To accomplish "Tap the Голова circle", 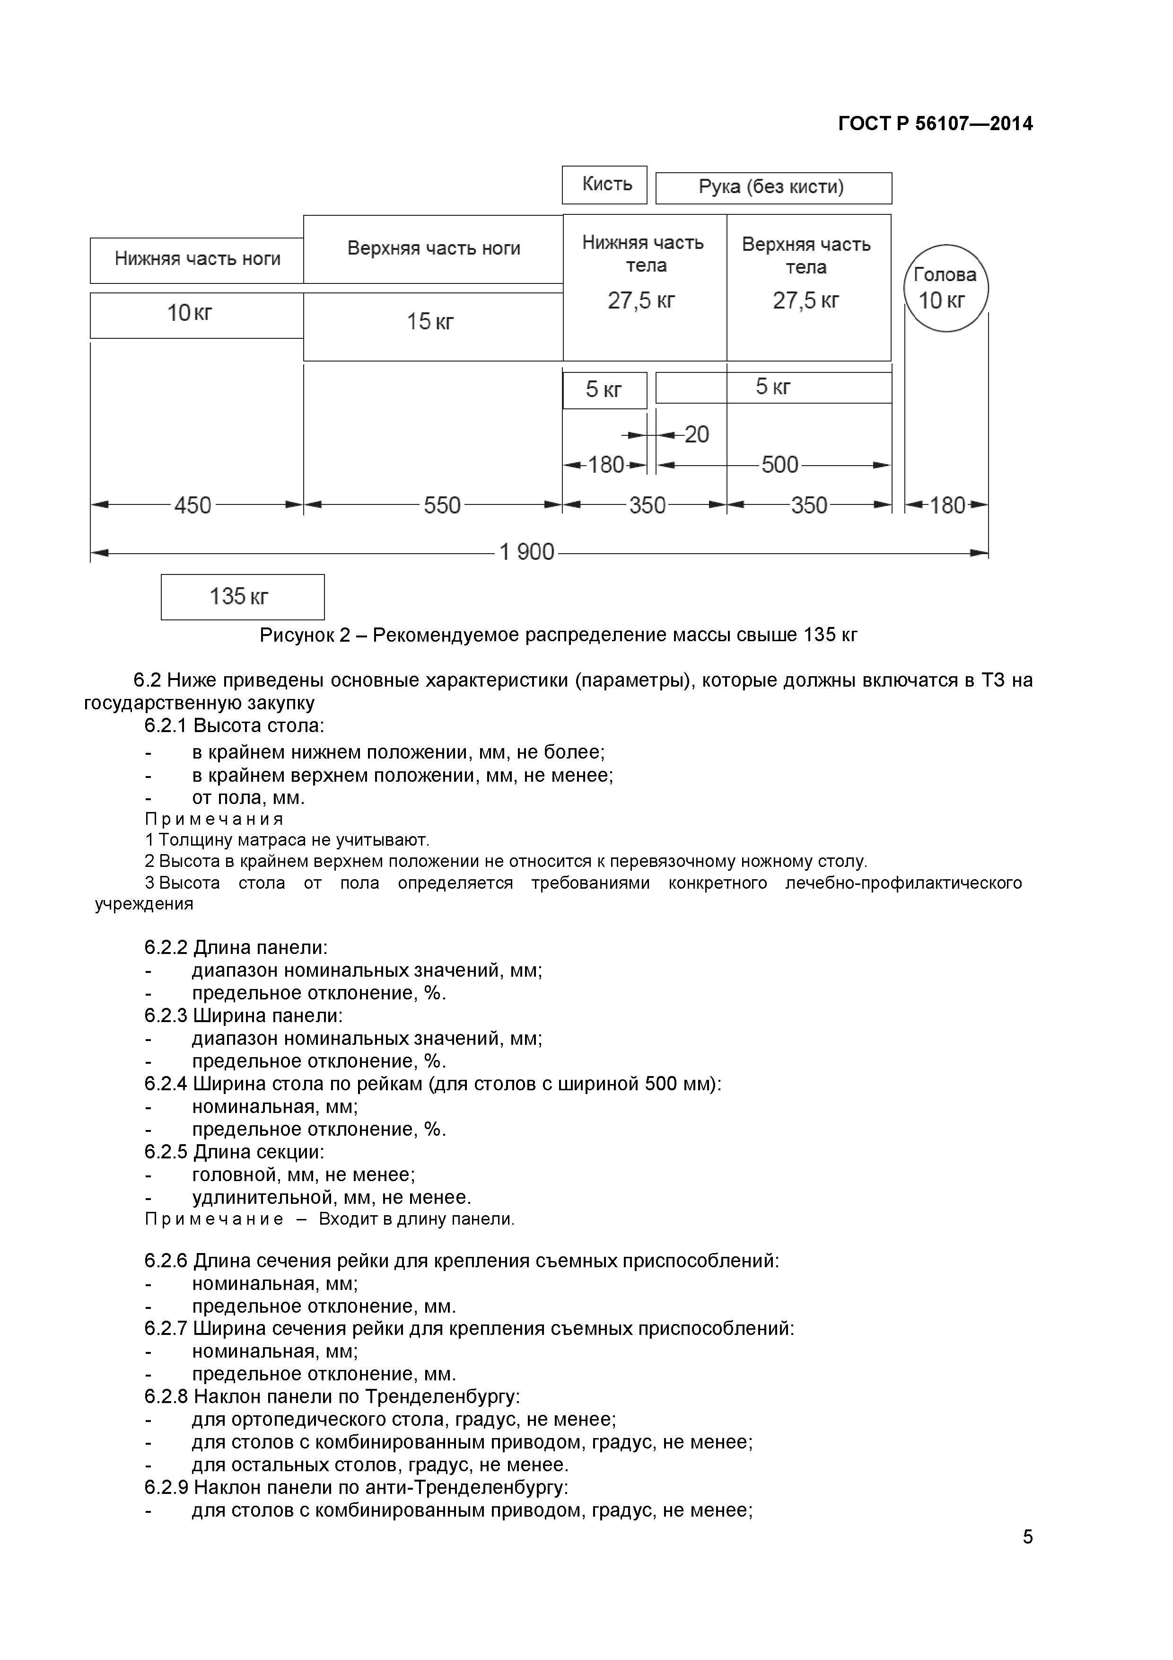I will coord(945,288).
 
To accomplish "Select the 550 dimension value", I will coord(442,504).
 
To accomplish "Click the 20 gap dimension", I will coord(696,434).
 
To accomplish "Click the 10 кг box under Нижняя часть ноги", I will coord(195,315).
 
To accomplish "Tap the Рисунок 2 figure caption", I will coord(558,635).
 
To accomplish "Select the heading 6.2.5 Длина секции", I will coord(234,1152).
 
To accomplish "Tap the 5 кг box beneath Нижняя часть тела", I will coord(604,390).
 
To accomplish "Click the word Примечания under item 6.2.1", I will coord(214,819).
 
